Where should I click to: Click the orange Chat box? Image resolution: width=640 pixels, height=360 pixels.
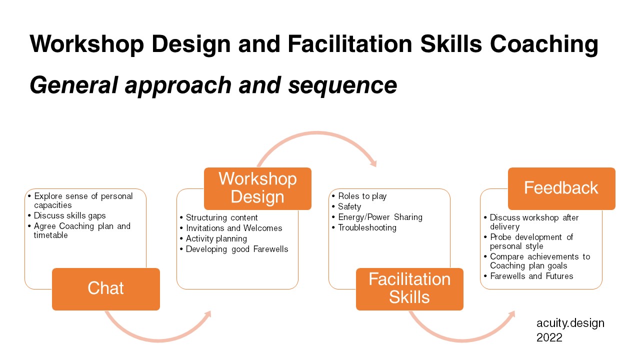(x=105, y=289)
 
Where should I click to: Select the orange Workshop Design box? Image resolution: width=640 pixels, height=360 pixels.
(x=257, y=188)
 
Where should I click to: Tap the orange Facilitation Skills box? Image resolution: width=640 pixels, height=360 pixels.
(x=409, y=288)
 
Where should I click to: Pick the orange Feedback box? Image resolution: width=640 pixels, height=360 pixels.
(x=561, y=188)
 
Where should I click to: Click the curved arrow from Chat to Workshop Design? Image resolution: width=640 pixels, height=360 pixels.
(x=158, y=336)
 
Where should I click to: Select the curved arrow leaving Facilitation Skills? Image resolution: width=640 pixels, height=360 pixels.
(x=462, y=335)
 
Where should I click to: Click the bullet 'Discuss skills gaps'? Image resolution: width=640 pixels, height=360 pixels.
(x=70, y=216)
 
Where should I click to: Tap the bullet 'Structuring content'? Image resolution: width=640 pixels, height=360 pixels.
(x=221, y=217)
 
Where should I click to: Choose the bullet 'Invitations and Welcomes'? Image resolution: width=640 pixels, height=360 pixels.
(x=234, y=228)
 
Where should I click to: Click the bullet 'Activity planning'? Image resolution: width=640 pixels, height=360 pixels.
(x=216, y=238)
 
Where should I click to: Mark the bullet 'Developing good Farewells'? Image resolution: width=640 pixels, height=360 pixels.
(x=237, y=249)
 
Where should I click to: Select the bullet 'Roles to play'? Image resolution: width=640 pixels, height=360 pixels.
(x=362, y=196)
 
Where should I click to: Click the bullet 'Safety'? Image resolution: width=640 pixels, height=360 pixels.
(x=349, y=206)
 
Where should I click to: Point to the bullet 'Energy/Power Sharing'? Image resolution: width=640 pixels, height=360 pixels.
(x=380, y=217)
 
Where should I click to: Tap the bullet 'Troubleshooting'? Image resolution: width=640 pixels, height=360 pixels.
(x=367, y=227)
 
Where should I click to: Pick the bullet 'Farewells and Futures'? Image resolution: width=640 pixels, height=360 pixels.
(x=531, y=276)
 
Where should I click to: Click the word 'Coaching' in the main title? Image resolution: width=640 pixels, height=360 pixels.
(x=544, y=44)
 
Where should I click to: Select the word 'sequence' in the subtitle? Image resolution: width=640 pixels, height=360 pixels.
(x=342, y=85)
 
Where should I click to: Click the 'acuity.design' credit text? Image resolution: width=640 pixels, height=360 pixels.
(x=570, y=323)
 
